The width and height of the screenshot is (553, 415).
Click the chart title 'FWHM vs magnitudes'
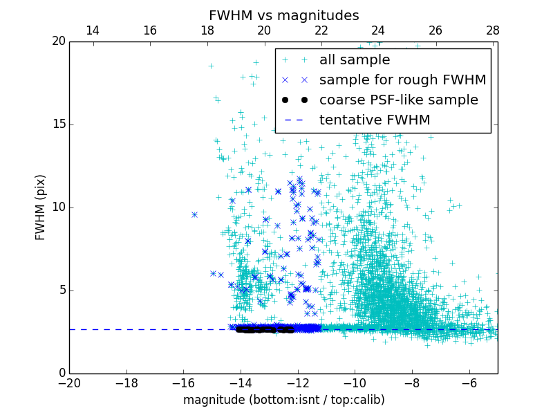pyautogui.click(x=284, y=15)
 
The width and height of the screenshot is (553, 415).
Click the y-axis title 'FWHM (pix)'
pyautogui.click(x=41, y=207)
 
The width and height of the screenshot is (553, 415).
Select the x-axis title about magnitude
pyautogui.click(x=283, y=400)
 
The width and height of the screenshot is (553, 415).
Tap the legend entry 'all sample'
pyautogui.click(x=354, y=60)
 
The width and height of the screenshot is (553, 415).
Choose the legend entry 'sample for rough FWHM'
pyautogui.click(x=402, y=80)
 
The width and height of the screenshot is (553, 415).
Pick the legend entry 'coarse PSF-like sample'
pyautogui.click(x=398, y=100)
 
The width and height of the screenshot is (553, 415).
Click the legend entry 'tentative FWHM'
pyautogui.click(x=375, y=120)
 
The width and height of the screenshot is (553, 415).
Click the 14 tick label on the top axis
pyautogui.click(x=92, y=30)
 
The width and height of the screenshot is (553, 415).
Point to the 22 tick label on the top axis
pyautogui.click(x=321, y=30)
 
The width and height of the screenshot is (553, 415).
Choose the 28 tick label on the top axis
pyautogui.click(x=492, y=30)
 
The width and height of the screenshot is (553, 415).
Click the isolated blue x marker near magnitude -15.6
pyautogui.click(x=194, y=214)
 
